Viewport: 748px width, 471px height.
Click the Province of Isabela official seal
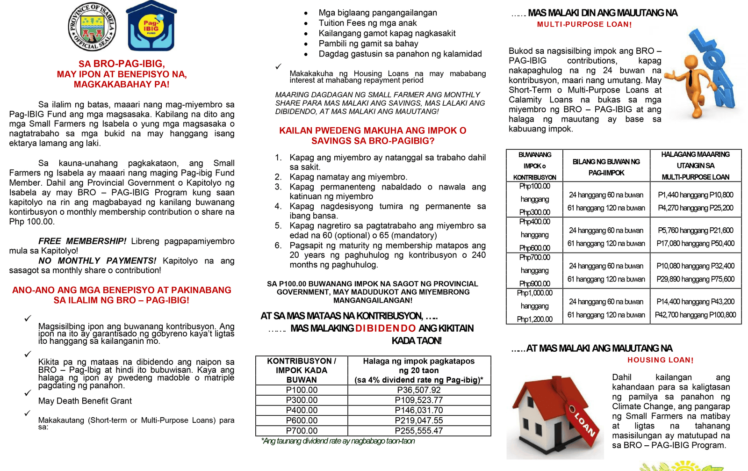coord(92,27)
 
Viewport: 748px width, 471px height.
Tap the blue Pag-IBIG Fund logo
coord(151,27)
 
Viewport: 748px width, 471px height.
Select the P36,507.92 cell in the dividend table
coord(418,390)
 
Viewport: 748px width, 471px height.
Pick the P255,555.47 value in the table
coord(418,431)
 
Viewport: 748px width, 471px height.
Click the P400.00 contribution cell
coord(302,410)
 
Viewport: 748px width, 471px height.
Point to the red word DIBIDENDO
coord(385,328)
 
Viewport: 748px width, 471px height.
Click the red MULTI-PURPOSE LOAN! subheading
coord(584,24)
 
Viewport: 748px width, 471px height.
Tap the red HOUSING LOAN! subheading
coord(660,360)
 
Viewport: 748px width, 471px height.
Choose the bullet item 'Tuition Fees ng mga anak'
coord(367,23)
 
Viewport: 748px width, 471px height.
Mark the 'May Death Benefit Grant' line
coord(85,401)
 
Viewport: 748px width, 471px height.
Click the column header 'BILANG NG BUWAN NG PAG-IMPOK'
coord(606,167)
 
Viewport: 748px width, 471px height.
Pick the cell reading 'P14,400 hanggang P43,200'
coord(695,302)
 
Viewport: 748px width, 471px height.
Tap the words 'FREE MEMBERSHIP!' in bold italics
coord(82,241)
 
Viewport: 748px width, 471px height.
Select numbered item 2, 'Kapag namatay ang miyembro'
coord(348,177)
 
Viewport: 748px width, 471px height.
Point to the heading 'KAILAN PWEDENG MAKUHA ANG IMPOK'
coord(373,131)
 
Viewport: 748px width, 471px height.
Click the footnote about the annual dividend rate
coord(338,441)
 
